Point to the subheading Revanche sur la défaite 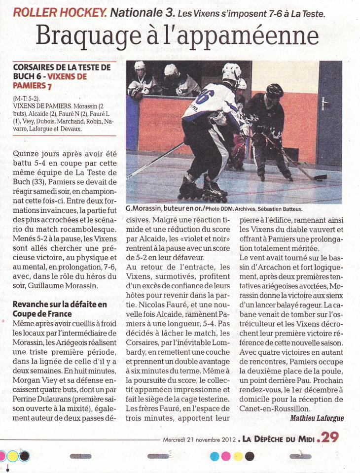pyautogui.click(x=60, y=304)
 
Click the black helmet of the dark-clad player pyautogui.click(x=275, y=90)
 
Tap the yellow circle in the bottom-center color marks pyautogui.click(x=238, y=456)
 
